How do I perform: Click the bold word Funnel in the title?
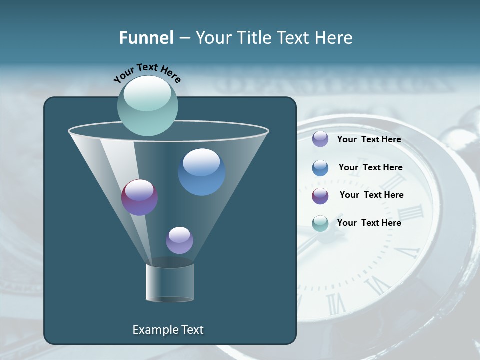[146, 38]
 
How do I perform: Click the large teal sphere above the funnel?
[147, 105]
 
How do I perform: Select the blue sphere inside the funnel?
[201, 172]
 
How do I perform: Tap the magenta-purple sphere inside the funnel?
[139, 197]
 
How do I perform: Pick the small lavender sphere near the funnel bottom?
[179, 240]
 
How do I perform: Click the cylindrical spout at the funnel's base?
[170, 283]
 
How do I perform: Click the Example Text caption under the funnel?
[168, 330]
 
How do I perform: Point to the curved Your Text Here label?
[147, 72]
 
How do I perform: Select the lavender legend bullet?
[320, 139]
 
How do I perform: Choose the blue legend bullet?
[320, 168]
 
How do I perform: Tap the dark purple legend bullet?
[320, 196]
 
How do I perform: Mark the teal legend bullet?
[320, 223]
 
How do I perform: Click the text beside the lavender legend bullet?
[369, 139]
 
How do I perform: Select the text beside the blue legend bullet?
[370, 167]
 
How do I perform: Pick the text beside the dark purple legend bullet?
[371, 195]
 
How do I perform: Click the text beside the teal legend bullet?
[369, 223]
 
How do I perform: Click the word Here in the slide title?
[334, 38]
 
